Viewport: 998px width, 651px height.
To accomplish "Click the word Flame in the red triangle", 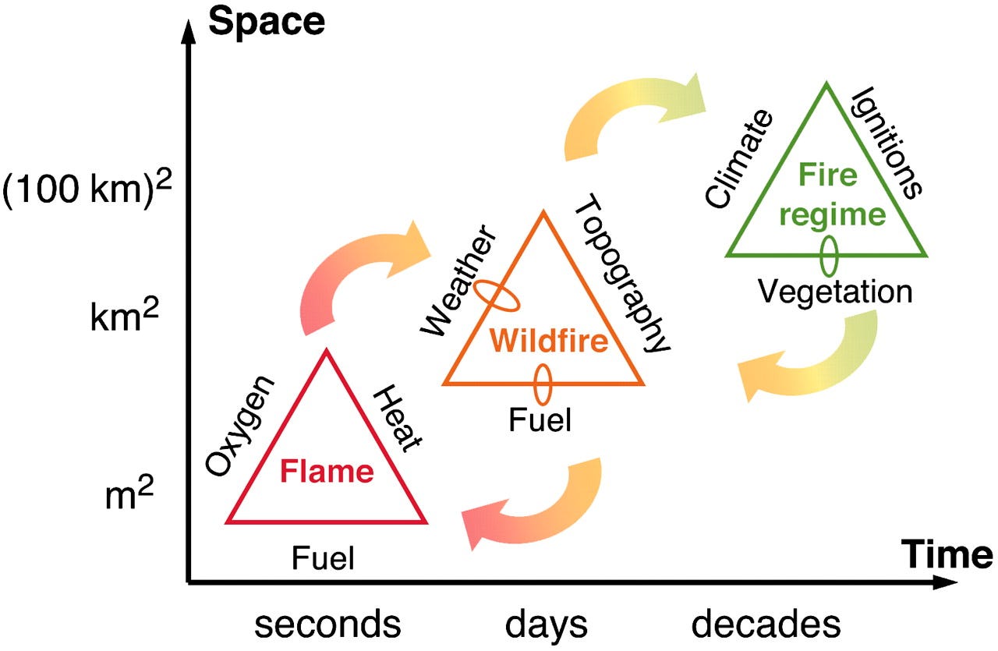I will point(327,472).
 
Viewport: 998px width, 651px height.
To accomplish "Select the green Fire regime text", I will point(826,194).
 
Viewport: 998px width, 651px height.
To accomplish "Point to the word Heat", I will point(398,418).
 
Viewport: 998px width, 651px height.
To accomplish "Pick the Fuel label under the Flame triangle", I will point(323,558).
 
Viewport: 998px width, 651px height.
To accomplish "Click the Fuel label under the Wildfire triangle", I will point(540,421).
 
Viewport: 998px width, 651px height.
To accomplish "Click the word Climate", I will point(739,160).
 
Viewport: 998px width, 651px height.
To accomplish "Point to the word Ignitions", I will point(887,142).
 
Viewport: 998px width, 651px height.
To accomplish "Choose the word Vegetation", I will point(835,292).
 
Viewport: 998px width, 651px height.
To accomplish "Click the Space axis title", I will point(267,22).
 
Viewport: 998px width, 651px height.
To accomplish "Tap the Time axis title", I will point(948,555).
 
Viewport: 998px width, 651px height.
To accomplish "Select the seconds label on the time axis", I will point(328,624).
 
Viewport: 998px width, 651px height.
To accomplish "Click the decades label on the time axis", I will point(767,624).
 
